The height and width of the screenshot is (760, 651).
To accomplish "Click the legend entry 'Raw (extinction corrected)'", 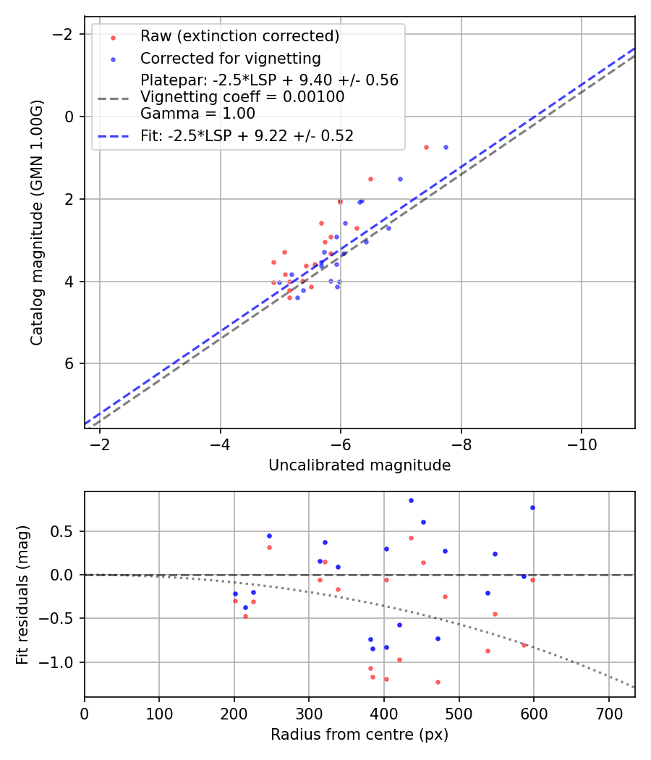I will [239, 36].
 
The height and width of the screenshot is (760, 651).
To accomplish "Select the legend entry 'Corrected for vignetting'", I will [230, 58].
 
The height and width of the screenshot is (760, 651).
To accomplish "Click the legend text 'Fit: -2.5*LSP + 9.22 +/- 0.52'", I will [247, 135].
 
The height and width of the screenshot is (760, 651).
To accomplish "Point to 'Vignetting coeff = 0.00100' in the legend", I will [242, 97].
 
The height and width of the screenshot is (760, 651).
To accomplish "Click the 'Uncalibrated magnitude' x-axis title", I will [359, 465].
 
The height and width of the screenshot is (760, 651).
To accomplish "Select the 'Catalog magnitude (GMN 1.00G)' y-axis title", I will [37, 222].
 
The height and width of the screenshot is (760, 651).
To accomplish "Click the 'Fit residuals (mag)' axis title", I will [22, 594].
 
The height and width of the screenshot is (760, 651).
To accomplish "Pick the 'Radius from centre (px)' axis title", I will [359, 735].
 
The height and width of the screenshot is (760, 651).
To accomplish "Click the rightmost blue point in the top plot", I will [446, 147].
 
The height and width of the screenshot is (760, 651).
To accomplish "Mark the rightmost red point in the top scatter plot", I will [426, 147].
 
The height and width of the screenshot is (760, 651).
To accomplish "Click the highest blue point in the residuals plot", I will [411, 500].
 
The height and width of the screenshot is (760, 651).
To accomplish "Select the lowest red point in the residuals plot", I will [438, 682].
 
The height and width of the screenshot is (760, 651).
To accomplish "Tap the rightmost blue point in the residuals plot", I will [532, 507].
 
